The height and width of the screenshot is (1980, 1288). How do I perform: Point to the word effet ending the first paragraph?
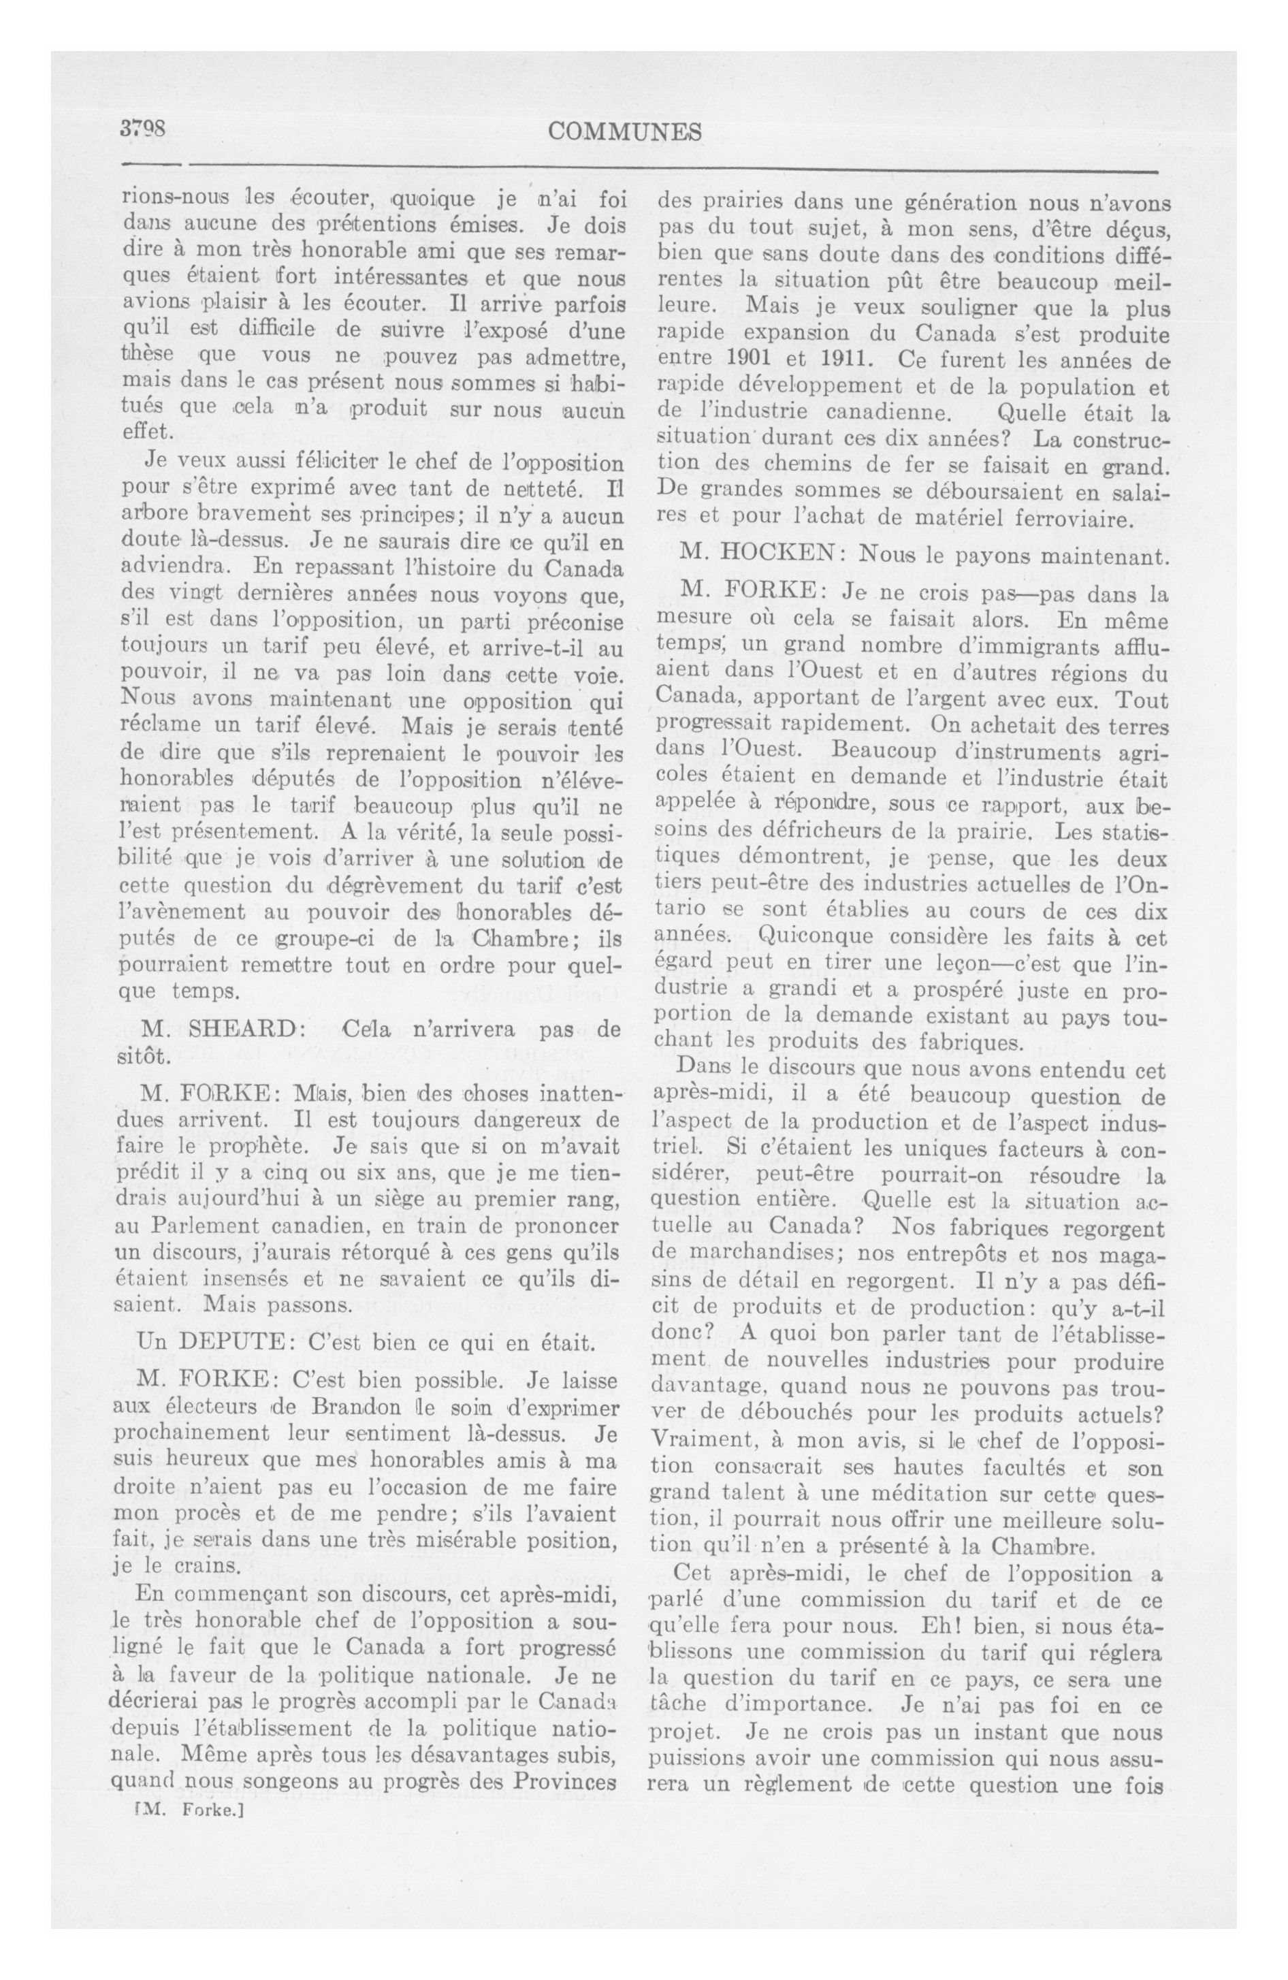coord(145,432)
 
